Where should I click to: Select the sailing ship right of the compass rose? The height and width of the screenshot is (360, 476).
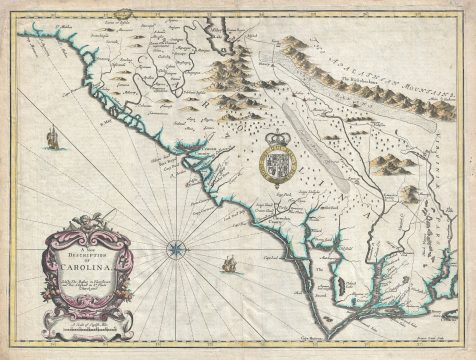tap(229, 266)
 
